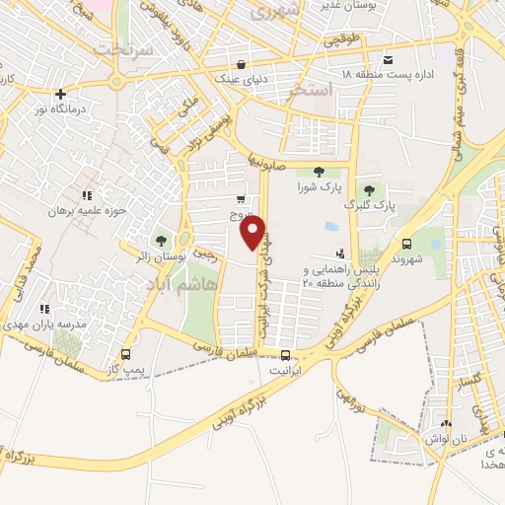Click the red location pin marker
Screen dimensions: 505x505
(253, 233)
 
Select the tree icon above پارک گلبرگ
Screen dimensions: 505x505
(370, 190)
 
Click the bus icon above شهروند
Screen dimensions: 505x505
(407, 244)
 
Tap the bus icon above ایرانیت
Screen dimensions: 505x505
(285, 355)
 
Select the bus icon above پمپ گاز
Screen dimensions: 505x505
(125, 354)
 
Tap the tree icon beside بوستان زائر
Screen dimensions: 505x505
(161, 240)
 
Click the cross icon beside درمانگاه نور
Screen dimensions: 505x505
(61, 95)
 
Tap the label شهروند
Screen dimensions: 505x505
(407, 258)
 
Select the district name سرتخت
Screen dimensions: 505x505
(123, 48)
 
